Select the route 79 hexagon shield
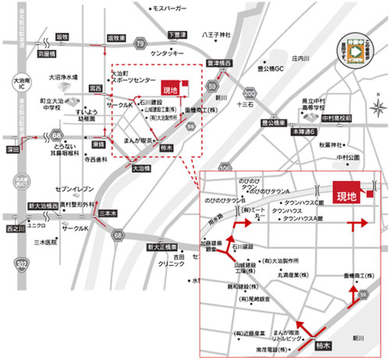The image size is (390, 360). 140,44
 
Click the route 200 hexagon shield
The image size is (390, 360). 271,96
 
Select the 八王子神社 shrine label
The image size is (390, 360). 217,35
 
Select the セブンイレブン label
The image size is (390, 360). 74,189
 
